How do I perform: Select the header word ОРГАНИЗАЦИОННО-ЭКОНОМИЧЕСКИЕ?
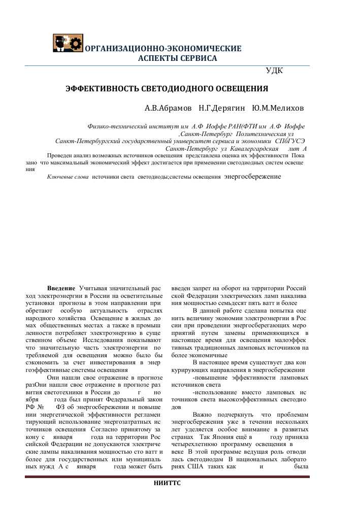click(163, 49)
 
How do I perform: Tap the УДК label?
click(275, 71)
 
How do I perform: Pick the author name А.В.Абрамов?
click(169, 108)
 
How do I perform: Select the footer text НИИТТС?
click(167, 482)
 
